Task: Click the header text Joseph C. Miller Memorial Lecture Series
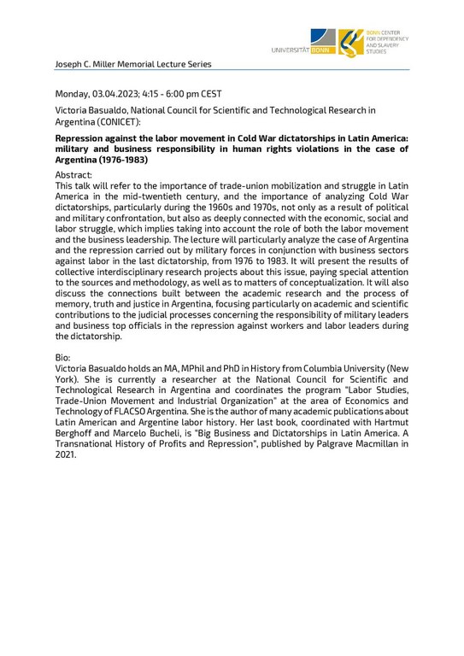click(132, 64)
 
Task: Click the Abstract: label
click(74, 173)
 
